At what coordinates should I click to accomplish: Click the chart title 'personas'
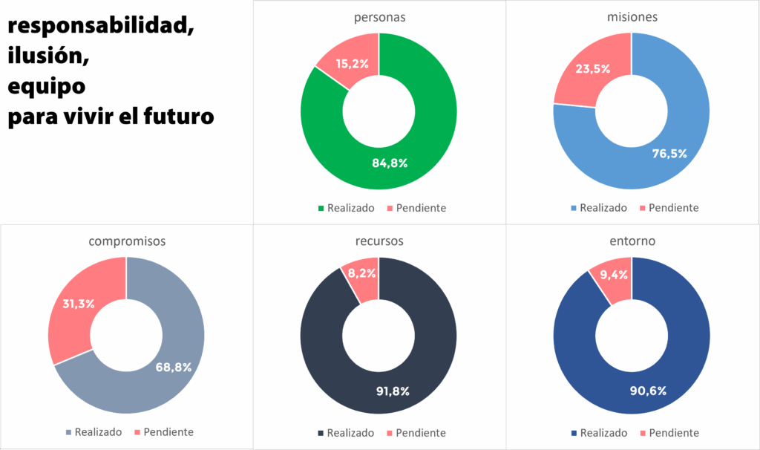379,16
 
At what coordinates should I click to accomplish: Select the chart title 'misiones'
632,16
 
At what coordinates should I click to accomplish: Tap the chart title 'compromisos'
126,241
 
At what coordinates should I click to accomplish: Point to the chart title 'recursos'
379,241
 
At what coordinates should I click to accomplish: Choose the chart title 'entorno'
632,241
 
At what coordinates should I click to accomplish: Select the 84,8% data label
390,163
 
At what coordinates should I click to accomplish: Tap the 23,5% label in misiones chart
593,68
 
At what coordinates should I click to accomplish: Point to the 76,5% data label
669,154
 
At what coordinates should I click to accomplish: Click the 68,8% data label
174,366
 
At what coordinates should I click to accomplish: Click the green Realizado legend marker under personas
321,208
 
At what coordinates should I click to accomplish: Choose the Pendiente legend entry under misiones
668,208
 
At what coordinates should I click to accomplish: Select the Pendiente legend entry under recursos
416,432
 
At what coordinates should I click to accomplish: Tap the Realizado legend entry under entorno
599,432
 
